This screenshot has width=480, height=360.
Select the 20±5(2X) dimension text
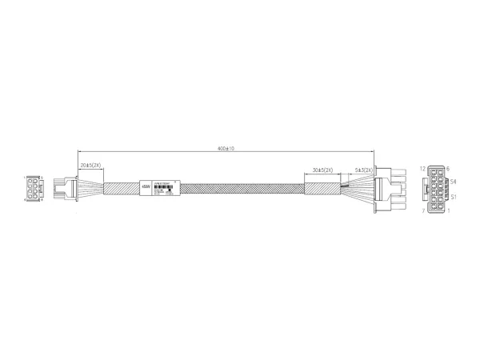point(90,165)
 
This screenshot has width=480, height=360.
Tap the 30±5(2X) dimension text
point(324,170)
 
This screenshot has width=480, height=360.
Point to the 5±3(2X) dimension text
point(365,170)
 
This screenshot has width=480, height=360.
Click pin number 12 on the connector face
point(422,169)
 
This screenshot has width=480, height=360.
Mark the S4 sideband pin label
point(454,183)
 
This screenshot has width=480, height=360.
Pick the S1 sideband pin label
point(454,197)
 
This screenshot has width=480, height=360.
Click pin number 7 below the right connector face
point(422,211)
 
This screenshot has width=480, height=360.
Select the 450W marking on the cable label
point(145,190)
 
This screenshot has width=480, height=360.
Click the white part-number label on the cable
point(170,189)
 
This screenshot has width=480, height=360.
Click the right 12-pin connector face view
point(437,190)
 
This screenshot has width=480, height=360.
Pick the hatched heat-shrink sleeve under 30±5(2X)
point(324,190)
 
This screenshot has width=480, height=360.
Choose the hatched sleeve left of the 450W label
point(121,190)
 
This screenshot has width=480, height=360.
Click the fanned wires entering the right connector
point(359,190)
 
